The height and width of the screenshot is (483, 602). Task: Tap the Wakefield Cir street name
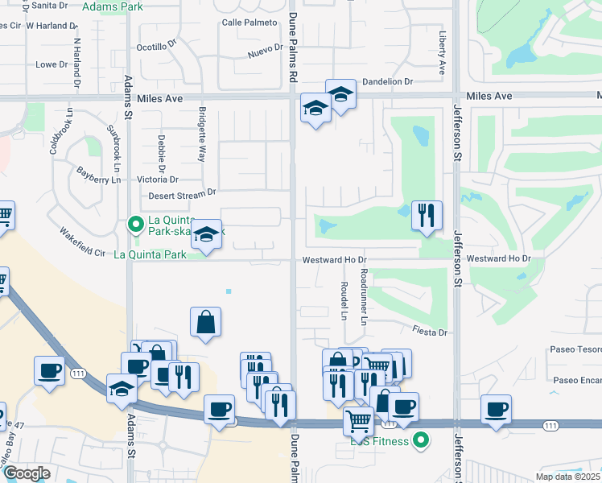[x=83, y=244]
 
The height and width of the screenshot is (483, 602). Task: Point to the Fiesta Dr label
[x=428, y=331]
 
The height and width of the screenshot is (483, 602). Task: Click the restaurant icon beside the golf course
[x=427, y=215]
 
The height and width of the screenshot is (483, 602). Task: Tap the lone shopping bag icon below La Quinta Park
[x=206, y=322]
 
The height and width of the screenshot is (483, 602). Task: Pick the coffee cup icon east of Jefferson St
[x=496, y=409]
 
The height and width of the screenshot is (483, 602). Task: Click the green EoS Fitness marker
[x=419, y=440]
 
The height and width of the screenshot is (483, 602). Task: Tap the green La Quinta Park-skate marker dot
[x=135, y=224]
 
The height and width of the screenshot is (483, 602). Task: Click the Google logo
[x=26, y=473]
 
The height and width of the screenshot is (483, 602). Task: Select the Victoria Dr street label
[x=158, y=180]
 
